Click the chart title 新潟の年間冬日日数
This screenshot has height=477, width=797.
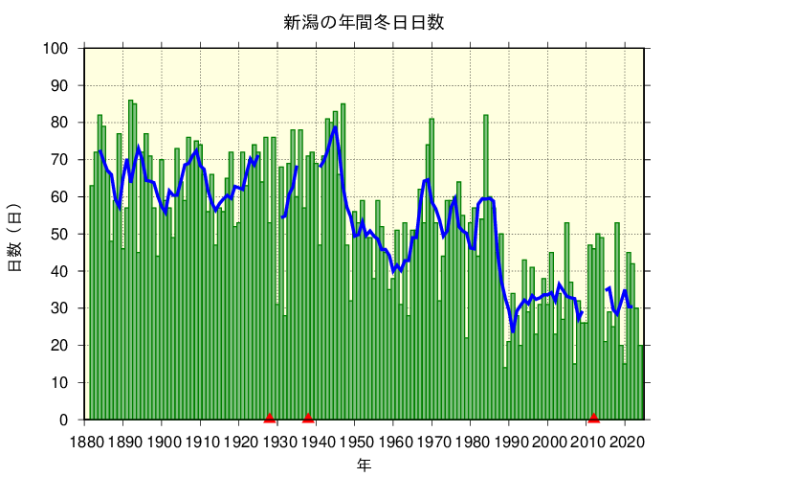click(x=363, y=22)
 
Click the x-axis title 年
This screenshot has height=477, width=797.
click(x=364, y=465)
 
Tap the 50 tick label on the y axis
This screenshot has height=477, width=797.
click(x=59, y=235)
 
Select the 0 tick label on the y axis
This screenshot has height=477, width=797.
click(x=63, y=420)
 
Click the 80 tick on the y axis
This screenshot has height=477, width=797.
click(x=59, y=123)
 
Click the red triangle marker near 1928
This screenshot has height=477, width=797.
click(x=270, y=418)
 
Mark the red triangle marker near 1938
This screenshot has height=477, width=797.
click(x=308, y=418)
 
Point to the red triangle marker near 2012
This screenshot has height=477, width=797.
click(x=593, y=418)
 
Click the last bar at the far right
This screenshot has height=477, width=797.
click(x=641, y=383)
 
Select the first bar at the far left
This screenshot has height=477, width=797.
click(x=92, y=303)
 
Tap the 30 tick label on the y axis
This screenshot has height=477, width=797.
click(x=59, y=308)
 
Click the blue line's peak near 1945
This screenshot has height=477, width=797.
click(x=335, y=127)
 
